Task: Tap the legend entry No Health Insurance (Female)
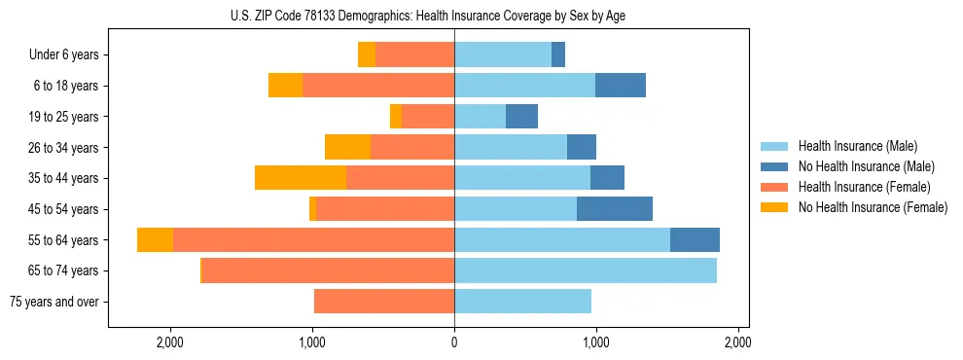[873, 207]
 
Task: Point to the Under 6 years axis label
[64, 55]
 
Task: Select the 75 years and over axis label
[53, 302]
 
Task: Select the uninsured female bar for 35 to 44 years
[301, 178]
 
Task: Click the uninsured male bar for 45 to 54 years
[615, 209]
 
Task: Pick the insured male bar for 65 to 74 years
[586, 270]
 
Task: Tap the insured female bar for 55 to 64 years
[313, 240]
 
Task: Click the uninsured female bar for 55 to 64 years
[155, 240]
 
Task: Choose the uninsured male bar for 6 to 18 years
[621, 86]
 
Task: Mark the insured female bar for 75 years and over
[384, 302]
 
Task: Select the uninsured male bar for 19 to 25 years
[521, 117]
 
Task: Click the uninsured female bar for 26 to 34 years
[347, 147]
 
